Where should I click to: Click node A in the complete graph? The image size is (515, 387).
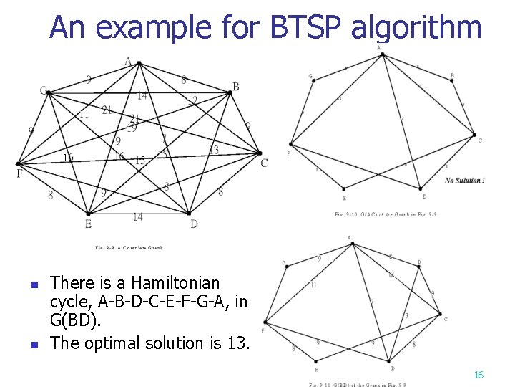[139, 63]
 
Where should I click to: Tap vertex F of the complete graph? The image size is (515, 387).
[18, 164]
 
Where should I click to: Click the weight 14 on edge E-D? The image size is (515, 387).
[137, 217]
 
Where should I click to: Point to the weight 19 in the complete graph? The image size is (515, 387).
[132, 128]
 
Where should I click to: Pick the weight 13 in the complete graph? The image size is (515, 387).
[213, 150]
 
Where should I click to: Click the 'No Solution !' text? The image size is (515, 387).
[464, 181]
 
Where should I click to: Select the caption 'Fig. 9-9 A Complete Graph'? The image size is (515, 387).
[129, 248]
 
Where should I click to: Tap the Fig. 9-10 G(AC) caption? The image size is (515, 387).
[386, 214]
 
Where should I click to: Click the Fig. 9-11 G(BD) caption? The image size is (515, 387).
[358, 384]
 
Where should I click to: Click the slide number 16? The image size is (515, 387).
[479, 375]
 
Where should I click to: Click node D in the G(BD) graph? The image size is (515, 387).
[390, 360]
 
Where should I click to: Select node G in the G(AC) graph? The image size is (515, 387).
[313, 80]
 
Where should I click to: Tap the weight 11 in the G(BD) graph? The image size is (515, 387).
[313, 285]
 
